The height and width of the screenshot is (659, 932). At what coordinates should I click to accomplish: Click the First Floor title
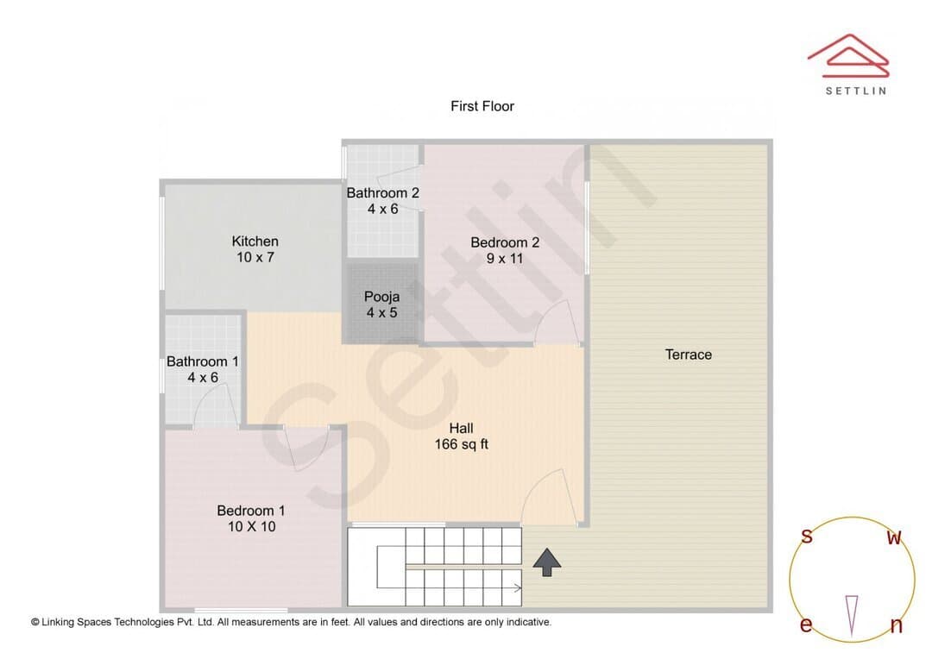pyautogui.click(x=482, y=106)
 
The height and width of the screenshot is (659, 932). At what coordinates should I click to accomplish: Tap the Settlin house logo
pyautogui.click(x=848, y=55)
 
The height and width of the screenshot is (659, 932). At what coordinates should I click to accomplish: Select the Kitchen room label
pyautogui.click(x=255, y=242)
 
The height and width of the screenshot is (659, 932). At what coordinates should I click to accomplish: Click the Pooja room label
pyautogui.click(x=381, y=297)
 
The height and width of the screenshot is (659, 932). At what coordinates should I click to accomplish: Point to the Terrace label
pyautogui.click(x=689, y=355)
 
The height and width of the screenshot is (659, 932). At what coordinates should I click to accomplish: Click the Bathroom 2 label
pyautogui.click(x=383, y=193)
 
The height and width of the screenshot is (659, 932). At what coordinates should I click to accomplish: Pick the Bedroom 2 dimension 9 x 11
pyautogui.click(x=505, y=259)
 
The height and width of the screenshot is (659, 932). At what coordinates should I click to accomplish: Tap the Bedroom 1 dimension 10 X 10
pyautogui.click(x=251, y=526)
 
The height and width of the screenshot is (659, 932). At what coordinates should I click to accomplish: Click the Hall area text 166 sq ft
pyautogui.click(x=461, y=444)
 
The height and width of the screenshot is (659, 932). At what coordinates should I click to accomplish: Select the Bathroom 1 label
pyautogui.click(x=202, y=361)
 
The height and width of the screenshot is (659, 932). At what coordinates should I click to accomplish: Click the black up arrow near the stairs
pyautogui.click(x=547, y=562)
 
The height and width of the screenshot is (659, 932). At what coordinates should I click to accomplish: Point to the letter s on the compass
pyautogui.click(x=807, y=536)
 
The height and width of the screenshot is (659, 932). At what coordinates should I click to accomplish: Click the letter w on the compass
pyautogui.click(x=894, y=537)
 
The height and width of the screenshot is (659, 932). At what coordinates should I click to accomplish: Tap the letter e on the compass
pyautogui.click(x=806, y=624)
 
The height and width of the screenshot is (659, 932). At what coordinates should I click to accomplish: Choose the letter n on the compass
pyautogui.click(x=896, y=624)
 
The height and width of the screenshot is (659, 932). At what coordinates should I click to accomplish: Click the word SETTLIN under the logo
pyautogui.click(x=856, y=91)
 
